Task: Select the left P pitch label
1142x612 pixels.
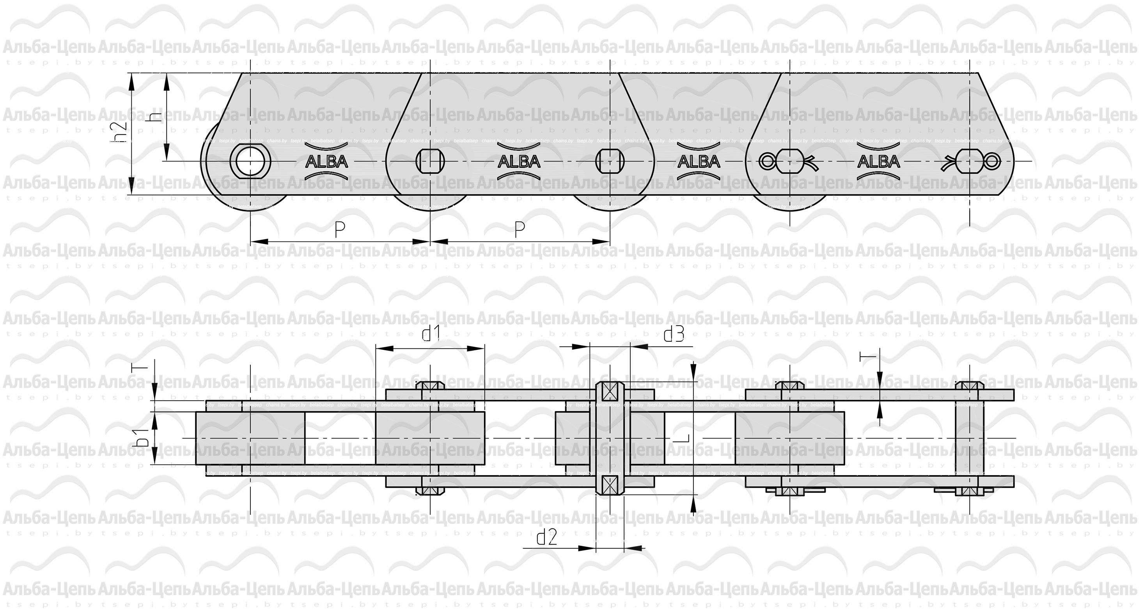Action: (340, 230)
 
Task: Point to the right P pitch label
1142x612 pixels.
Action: (520, 230)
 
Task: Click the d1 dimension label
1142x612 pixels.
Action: (431, 333)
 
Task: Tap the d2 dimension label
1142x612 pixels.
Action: (546, 537)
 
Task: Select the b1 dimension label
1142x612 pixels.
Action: (142, 438)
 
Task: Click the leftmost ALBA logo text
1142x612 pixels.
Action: (327, 161)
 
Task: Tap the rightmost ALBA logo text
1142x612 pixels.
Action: (879, 161)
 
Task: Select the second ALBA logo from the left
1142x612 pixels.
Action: (519, 161)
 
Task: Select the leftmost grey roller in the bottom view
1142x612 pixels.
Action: (250, 438)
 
